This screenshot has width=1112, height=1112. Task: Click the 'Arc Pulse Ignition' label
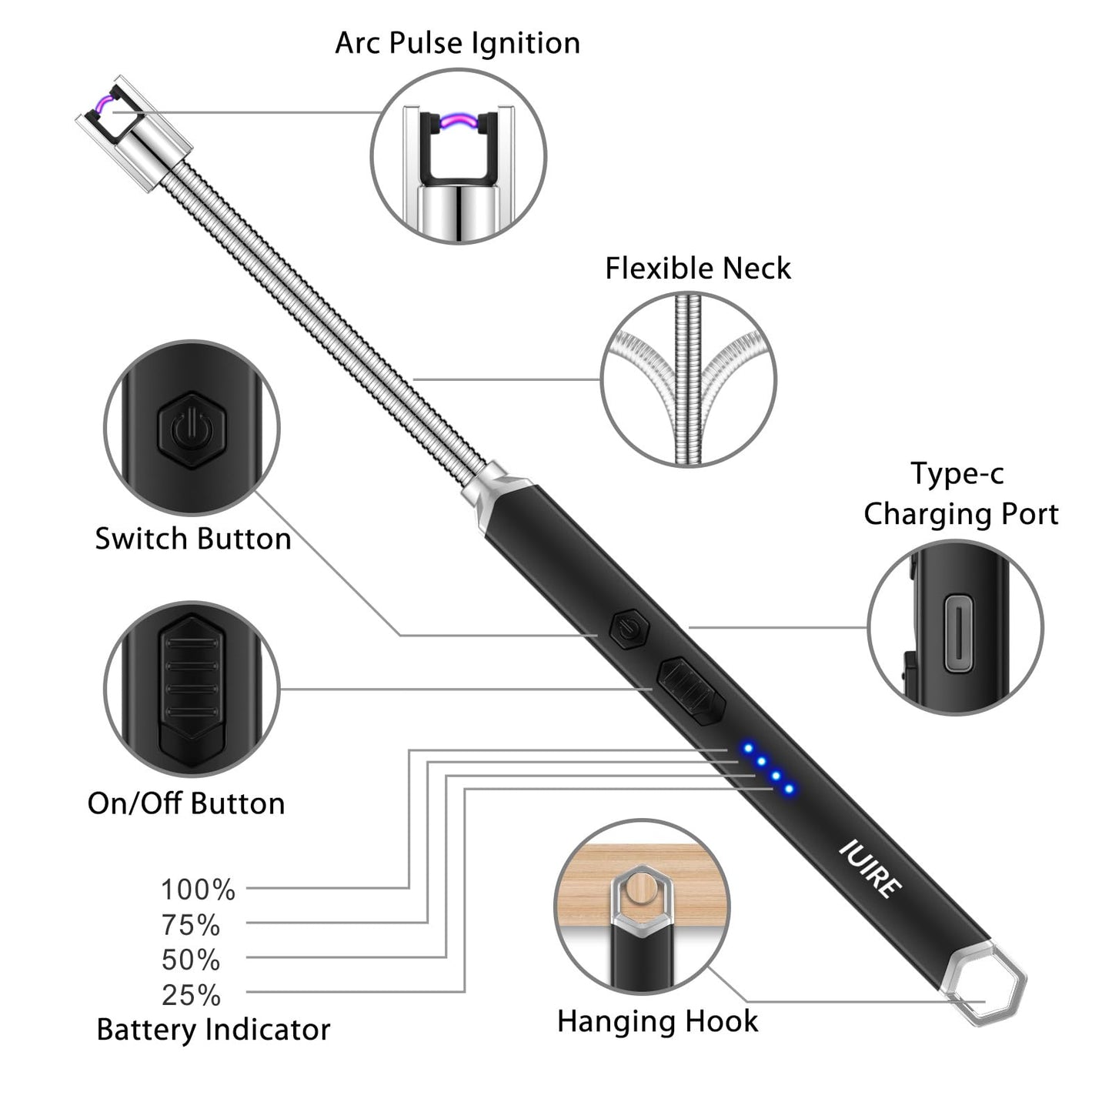pos(457,43)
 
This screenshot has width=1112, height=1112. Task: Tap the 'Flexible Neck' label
pos(697,269)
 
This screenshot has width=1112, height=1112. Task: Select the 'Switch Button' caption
pos(193,539)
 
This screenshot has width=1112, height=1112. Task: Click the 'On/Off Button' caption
pos(186,803)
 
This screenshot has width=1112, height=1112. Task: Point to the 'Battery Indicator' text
pos(213,1030)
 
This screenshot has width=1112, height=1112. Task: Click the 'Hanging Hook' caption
pos(657,1021)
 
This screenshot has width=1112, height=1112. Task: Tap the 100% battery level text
pos(198,890)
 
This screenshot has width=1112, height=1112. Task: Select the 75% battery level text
pos(191,925)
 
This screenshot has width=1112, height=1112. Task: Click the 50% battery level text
pos(191,960)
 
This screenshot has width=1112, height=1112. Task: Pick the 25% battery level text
pos(191,996)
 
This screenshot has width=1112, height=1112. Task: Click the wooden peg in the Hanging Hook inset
pos(639,891)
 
